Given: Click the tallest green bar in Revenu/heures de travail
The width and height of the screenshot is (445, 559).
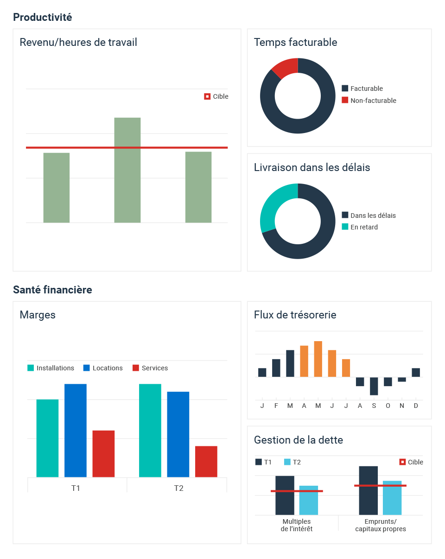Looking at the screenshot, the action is click(127, 170).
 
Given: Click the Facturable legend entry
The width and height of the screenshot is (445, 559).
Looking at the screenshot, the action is click(362, 89).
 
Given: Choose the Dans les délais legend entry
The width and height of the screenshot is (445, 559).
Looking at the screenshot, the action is click(369, 216).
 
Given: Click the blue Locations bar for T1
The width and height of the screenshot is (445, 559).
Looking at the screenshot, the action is click(76, 431).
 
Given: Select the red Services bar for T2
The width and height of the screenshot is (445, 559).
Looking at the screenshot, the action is click(206, 462).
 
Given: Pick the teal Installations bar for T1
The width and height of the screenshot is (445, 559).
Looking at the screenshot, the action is click(47, 438).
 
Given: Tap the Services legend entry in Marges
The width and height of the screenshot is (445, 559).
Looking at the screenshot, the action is click(150, 368).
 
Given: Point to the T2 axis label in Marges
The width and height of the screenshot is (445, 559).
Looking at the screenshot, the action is click(179, 488).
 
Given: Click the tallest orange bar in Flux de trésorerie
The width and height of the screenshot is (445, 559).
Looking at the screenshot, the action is click(318, 359).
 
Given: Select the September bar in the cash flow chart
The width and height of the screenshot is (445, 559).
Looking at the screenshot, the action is click(374, 386).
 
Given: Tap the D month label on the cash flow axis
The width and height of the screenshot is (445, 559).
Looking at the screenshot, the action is click(416, 406).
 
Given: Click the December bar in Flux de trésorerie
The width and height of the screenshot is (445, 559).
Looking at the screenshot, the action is click(416, 373).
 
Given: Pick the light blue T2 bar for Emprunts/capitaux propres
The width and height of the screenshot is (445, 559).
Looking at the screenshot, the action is click(392, 498).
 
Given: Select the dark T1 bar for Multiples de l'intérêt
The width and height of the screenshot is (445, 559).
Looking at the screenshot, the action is click(285, 495).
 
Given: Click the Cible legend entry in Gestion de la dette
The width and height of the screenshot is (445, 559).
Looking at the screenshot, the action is click(411, 462).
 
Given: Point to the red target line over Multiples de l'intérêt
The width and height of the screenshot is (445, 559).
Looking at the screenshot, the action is click(297, 491).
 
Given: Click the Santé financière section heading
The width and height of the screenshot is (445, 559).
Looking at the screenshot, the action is click(52, 290).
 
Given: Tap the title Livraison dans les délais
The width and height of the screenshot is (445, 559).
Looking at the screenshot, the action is click(312, 167).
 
